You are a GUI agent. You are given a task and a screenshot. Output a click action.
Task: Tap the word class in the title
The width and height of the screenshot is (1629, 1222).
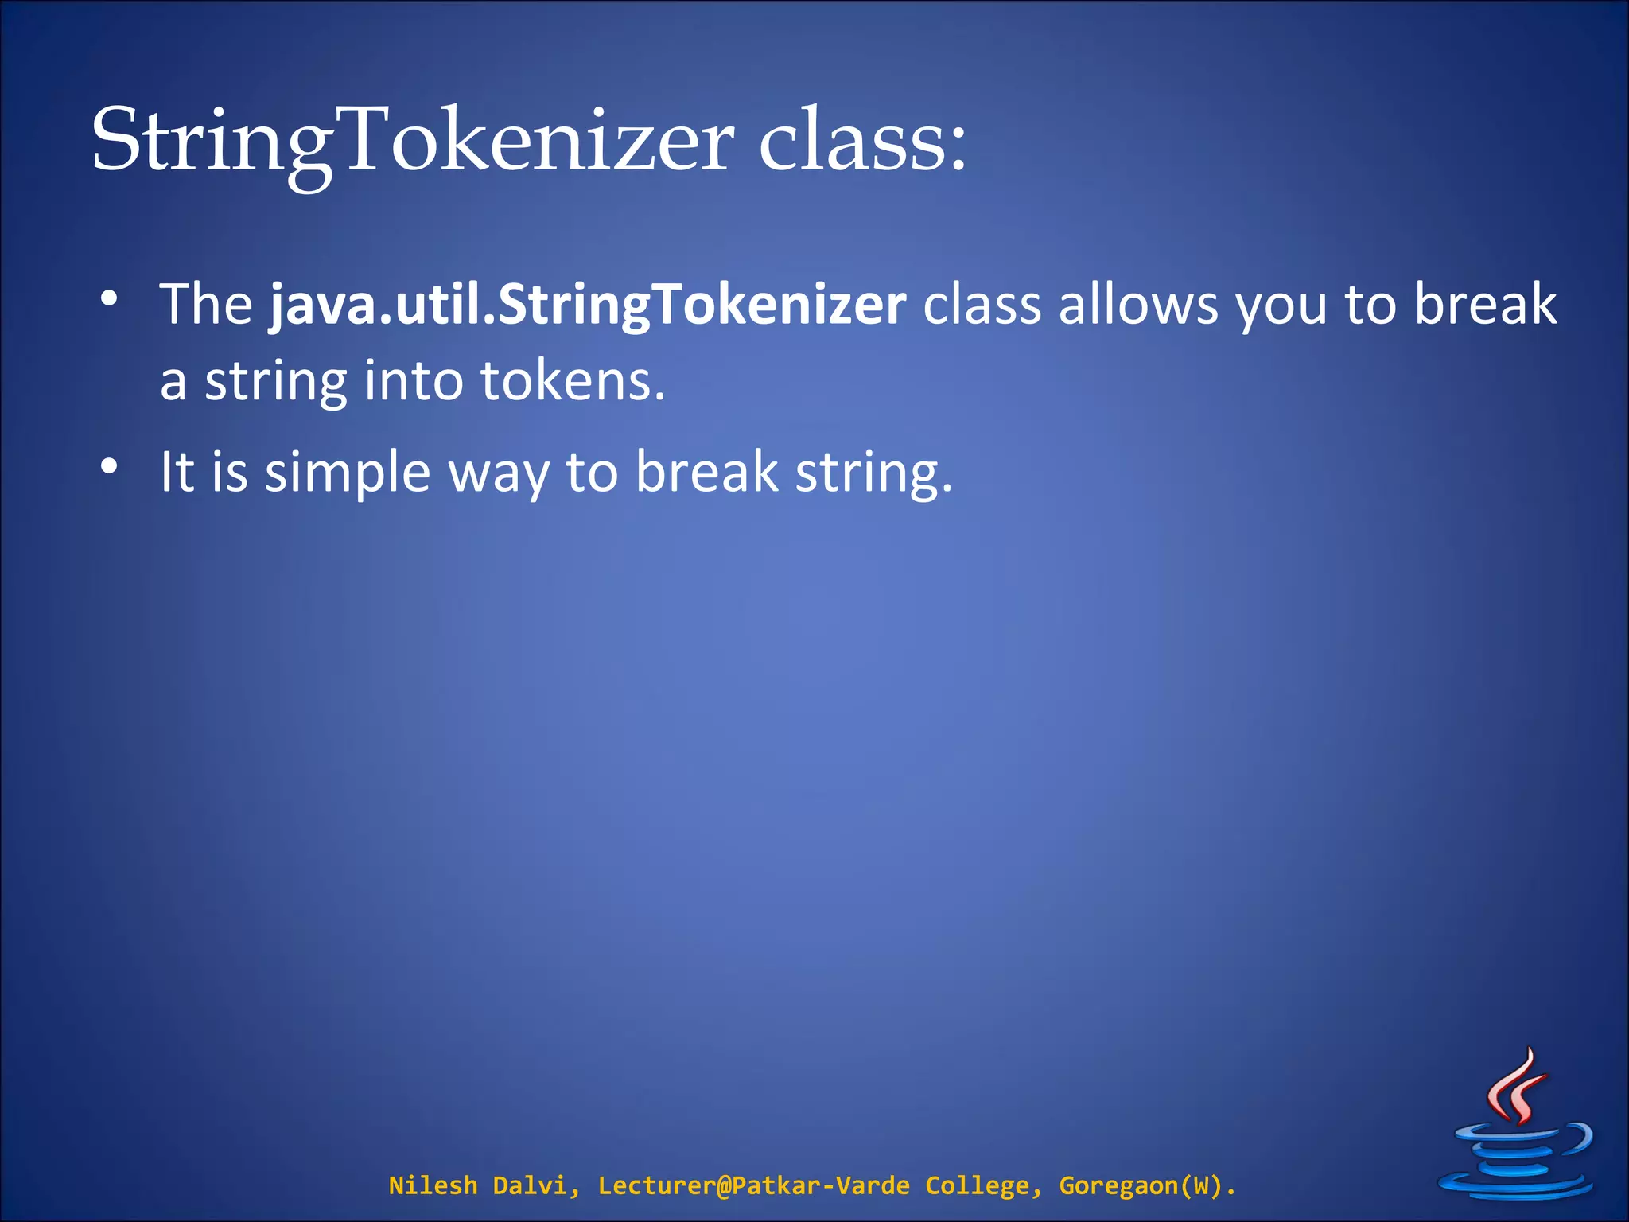(863, 142)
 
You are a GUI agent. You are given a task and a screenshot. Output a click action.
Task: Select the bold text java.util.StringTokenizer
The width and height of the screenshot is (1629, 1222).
(588, 305)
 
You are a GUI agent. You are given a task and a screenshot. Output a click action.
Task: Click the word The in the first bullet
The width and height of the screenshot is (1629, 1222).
(206, 305)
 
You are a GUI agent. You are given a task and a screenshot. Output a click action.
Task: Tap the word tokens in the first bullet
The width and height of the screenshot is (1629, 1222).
(573, 381)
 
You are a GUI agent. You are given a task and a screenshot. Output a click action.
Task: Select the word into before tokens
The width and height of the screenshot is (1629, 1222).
(414, 381)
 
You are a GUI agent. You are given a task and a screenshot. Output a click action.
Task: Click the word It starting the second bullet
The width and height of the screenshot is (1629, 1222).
(177, 473)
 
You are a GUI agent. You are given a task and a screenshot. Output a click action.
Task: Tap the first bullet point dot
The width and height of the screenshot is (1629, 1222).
(110, 300)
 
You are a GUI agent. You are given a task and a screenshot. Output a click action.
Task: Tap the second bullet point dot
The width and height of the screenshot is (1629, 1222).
(110, 467)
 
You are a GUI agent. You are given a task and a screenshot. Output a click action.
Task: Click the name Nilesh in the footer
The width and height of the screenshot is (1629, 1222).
(433, 1185)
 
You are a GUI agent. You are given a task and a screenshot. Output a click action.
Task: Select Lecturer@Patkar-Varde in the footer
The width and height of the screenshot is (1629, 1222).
(753, 1185)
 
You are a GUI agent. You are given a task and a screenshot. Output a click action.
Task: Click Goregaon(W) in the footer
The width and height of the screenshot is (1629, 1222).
(1146, 1186)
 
